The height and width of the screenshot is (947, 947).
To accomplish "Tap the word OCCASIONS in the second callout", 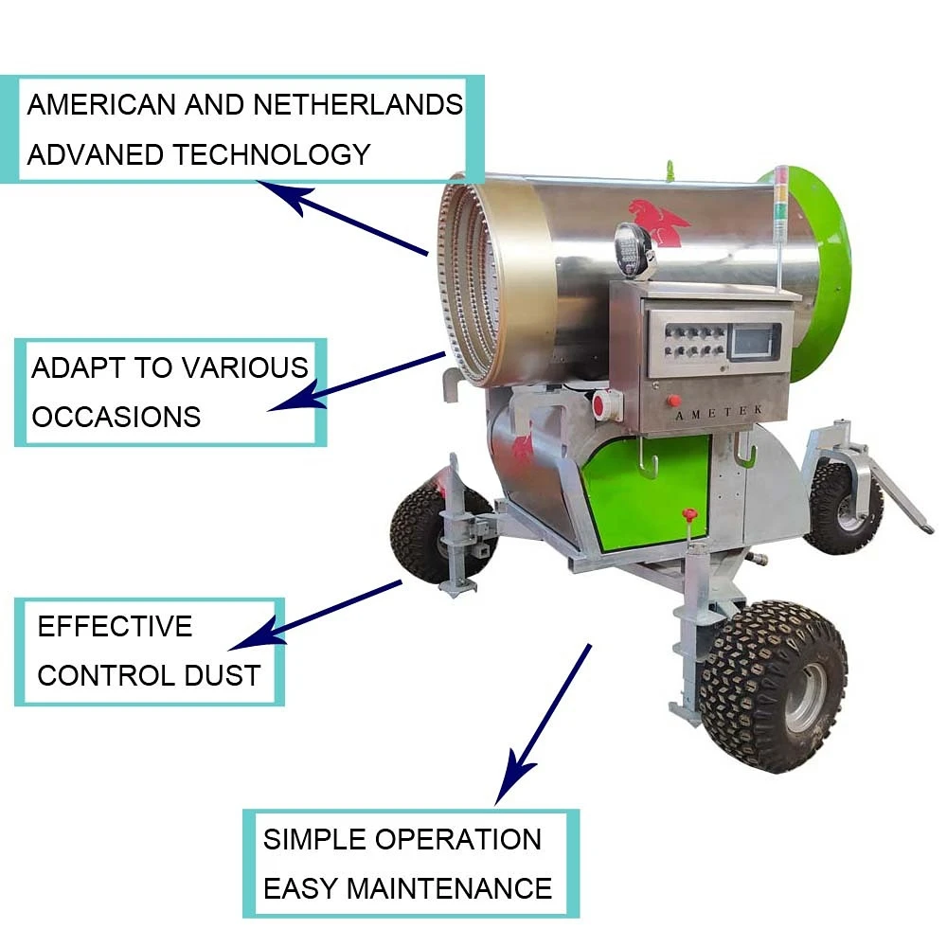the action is (x=116, y=417).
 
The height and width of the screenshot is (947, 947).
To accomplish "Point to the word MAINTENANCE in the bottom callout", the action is (x=449, y=888).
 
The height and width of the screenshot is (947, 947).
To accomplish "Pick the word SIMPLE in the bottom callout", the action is (x=315, y=839).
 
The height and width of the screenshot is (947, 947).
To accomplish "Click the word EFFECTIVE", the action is (x=115, y=626).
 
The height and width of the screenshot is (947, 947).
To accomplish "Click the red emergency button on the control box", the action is (x=671, y=400).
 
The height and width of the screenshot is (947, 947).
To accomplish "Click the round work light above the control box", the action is (x=632, y=248).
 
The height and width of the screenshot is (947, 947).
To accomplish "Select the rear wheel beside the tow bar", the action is (x=843, y=507).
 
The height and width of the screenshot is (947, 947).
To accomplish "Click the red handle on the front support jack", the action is (x=689, y=515).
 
